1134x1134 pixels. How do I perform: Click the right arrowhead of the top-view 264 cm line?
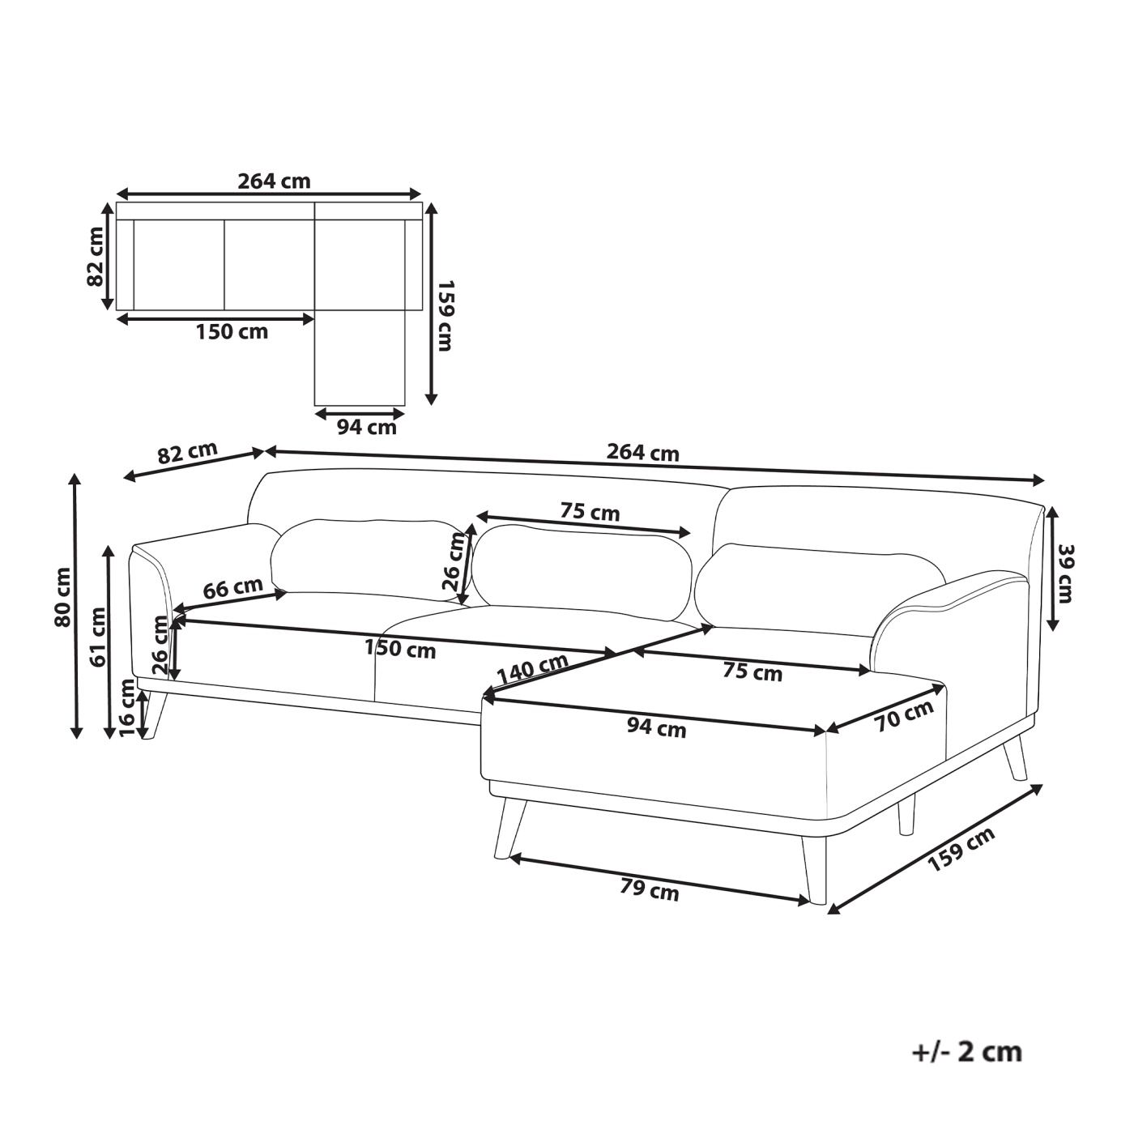(422, 194)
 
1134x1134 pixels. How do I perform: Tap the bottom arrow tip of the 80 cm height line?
(75, 738)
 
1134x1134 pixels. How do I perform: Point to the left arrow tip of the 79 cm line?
(509, 858)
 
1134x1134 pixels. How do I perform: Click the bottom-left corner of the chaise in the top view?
(315, 406)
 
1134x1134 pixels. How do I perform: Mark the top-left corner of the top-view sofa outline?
(117, 203)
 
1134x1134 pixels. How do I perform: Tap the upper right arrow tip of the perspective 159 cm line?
(1042, 785)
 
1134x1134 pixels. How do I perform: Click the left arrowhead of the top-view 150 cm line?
(117, 319)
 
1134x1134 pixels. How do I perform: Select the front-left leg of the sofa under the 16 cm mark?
(153, 714)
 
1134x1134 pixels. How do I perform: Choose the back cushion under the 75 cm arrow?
(582, 572)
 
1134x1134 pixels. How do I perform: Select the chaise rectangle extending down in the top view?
(360, 358)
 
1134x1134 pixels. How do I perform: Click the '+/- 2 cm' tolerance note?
(967, 1052)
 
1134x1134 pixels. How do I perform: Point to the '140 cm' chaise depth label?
(532, 668)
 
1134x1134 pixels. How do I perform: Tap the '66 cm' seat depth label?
(233, 588)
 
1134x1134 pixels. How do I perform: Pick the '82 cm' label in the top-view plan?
(95, 256)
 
